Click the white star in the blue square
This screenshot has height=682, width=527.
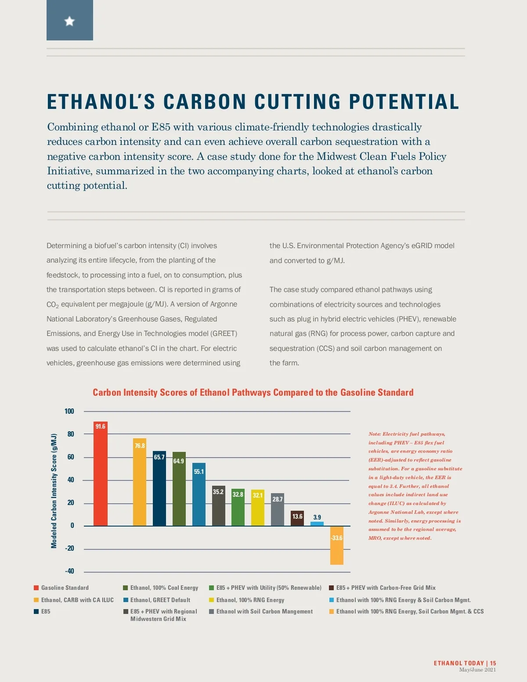point(69,21)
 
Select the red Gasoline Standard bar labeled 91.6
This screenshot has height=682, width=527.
point(101,474)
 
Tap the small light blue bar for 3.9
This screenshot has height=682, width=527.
point(317,523)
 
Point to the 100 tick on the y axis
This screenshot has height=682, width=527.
point(69,411)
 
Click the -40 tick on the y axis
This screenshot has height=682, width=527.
point(69,571)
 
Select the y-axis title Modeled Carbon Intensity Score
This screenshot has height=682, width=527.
point(54,491)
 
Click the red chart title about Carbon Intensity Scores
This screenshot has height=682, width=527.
point(253,393)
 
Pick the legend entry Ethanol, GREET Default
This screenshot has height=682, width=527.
point(160,600)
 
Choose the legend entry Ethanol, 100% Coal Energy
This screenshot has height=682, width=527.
point(164,588)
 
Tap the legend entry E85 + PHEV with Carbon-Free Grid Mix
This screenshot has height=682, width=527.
point(386,588)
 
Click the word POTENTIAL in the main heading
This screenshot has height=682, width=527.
point(404,102)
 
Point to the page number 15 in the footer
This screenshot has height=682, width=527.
point(493,663)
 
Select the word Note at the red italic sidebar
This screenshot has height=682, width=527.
point(374,434)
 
